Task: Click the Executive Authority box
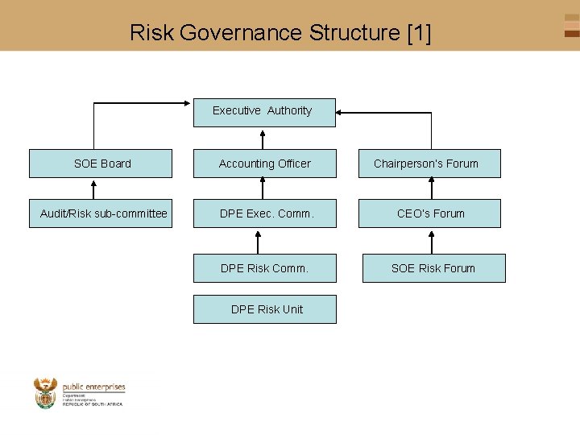tap(264, 112)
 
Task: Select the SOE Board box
tap(101, 164)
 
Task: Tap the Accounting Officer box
tap(264, 164)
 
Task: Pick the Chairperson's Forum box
tap(431, 164)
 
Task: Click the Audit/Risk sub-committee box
tap(101, 213)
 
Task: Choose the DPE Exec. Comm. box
tap(264, 213)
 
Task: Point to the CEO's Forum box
tap(431, 213)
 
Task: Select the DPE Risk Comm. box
tap(264, 268)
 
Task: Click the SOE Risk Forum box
tap(433, 268)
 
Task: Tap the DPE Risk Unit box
tap(264, 309)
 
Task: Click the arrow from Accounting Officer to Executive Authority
tap(264, 138)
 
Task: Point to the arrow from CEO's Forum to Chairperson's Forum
tap(430, 188)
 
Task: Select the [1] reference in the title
tap(419, 33)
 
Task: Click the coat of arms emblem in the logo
tap(46, 393)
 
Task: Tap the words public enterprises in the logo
tap(93, 387)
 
